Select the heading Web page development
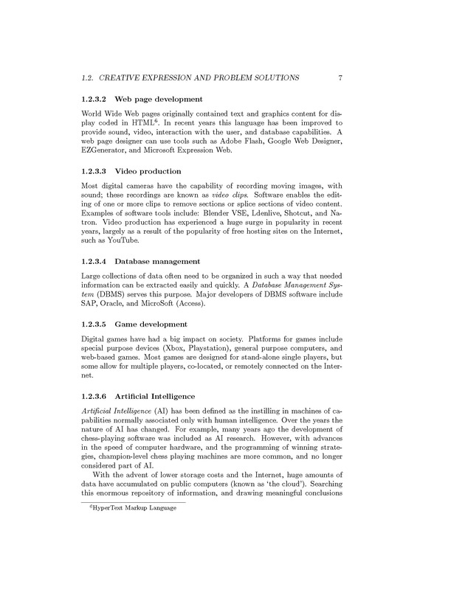pyautogui.click(x=159, y=99)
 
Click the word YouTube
pyautogui.click(x=128, y=249)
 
